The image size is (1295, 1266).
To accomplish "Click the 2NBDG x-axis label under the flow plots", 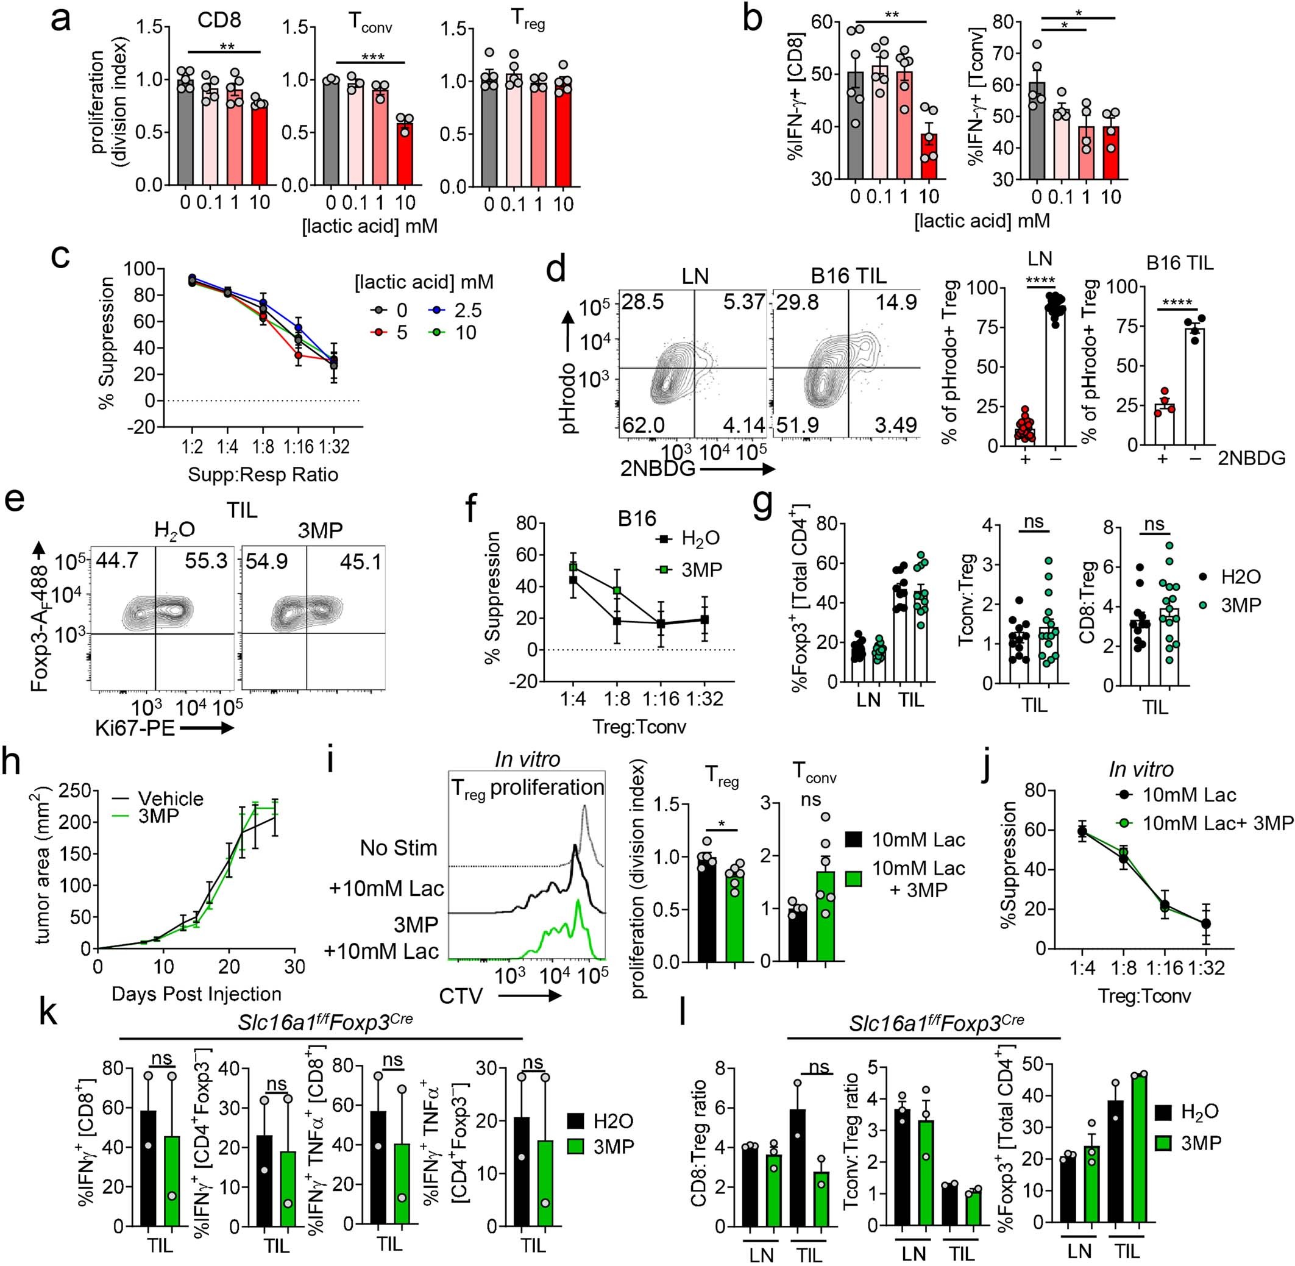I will pos(659,469).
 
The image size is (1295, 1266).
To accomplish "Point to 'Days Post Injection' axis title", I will pos(197,994).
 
